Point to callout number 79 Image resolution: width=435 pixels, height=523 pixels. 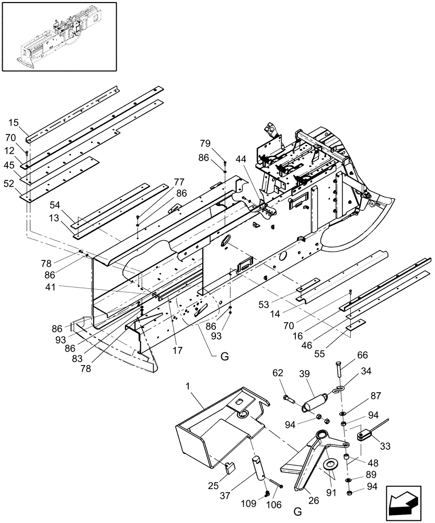pos(205,143)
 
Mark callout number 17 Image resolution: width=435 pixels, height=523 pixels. pos(177,349)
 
